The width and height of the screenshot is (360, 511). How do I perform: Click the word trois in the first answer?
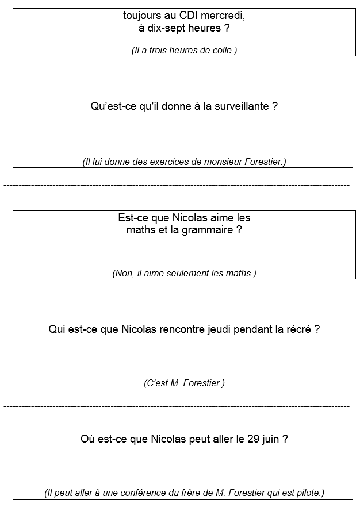tap(160, 51)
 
